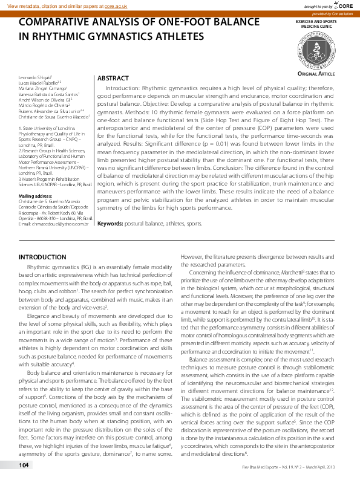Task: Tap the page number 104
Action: tap(24, 465)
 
